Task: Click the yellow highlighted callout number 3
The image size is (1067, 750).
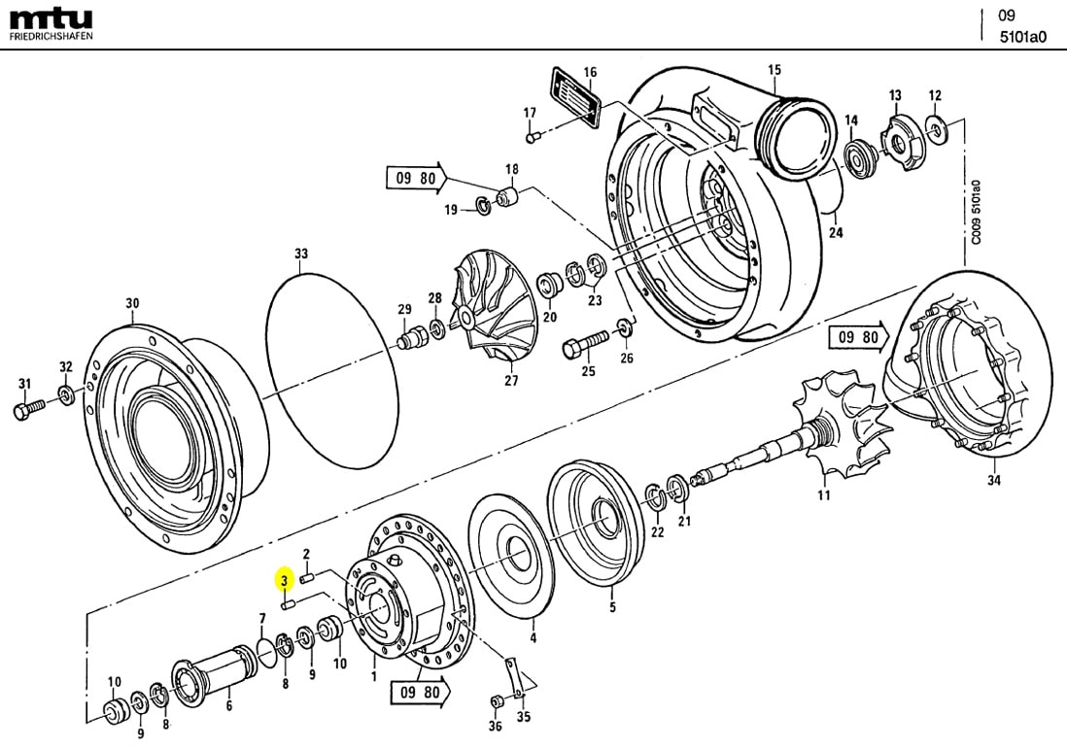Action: click(284, 581)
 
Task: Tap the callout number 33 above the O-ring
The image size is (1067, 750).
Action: click(301, 255)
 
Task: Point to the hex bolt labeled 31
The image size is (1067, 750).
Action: click(26, 409)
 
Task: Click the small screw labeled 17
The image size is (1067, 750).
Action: click(533, 137)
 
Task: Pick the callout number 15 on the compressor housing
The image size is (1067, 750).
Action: click(774, 69)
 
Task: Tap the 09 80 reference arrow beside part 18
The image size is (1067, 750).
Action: click(417, 178)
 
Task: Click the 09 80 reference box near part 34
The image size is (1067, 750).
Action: click(858, 338)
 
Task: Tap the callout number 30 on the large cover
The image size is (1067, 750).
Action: click(132, 303)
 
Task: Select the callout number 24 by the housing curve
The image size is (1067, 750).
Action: click(835, 232)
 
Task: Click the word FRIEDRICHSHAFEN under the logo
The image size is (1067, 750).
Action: click(52, 37)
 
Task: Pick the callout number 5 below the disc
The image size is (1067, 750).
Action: click(612, 608)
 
